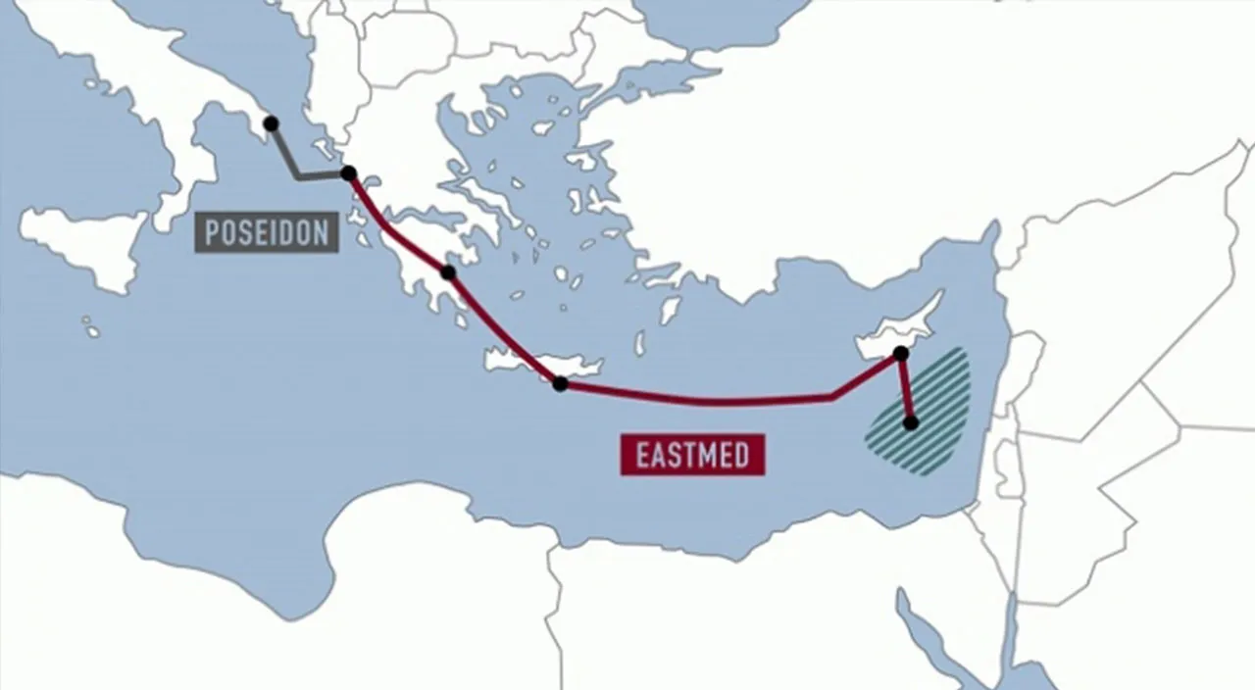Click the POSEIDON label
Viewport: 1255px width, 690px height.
(x=267, y=233)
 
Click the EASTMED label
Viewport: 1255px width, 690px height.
(x=692, y=456)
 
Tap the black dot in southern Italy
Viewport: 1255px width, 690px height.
(x=271, y=123)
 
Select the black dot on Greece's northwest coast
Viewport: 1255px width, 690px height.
(x=348, y=173)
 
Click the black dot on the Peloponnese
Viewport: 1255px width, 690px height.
(x=448, y=272)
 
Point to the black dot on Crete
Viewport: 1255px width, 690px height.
(x=560, y=384)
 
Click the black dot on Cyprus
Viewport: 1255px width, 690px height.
(x=901, y=353)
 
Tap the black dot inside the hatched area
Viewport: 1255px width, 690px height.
(x=911, y=423)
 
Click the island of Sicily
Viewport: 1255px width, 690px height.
(x=88, y=240)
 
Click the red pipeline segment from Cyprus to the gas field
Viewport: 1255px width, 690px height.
(x=906, y=389)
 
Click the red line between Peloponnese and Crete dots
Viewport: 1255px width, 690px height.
(x=501, y=328)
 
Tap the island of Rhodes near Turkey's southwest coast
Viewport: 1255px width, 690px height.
(x=670, y=311)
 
